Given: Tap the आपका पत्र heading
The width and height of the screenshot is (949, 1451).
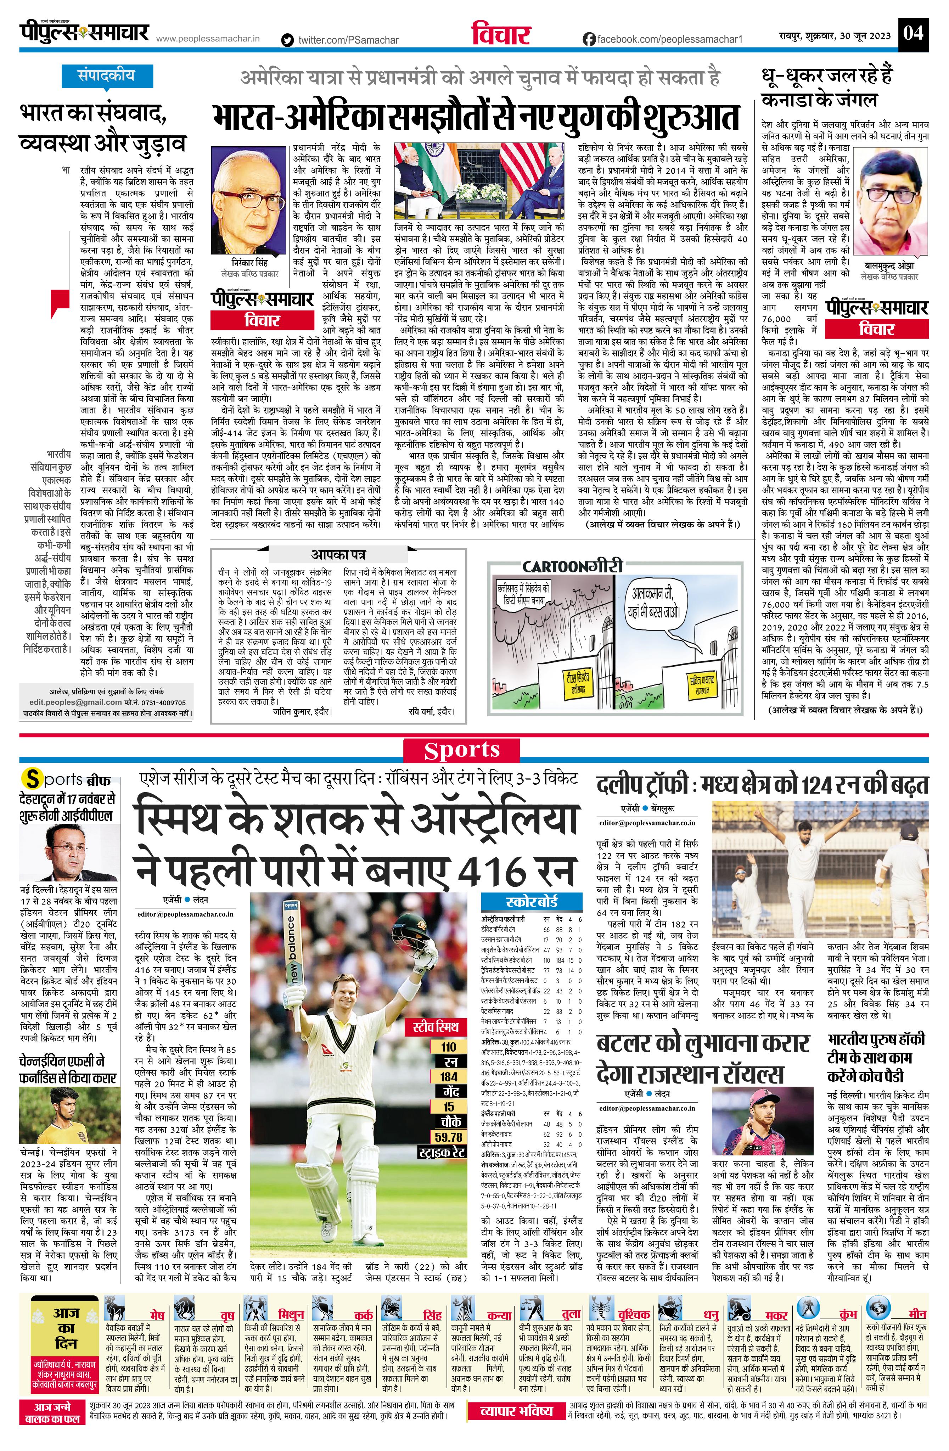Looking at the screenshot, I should (x=338, y=554).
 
